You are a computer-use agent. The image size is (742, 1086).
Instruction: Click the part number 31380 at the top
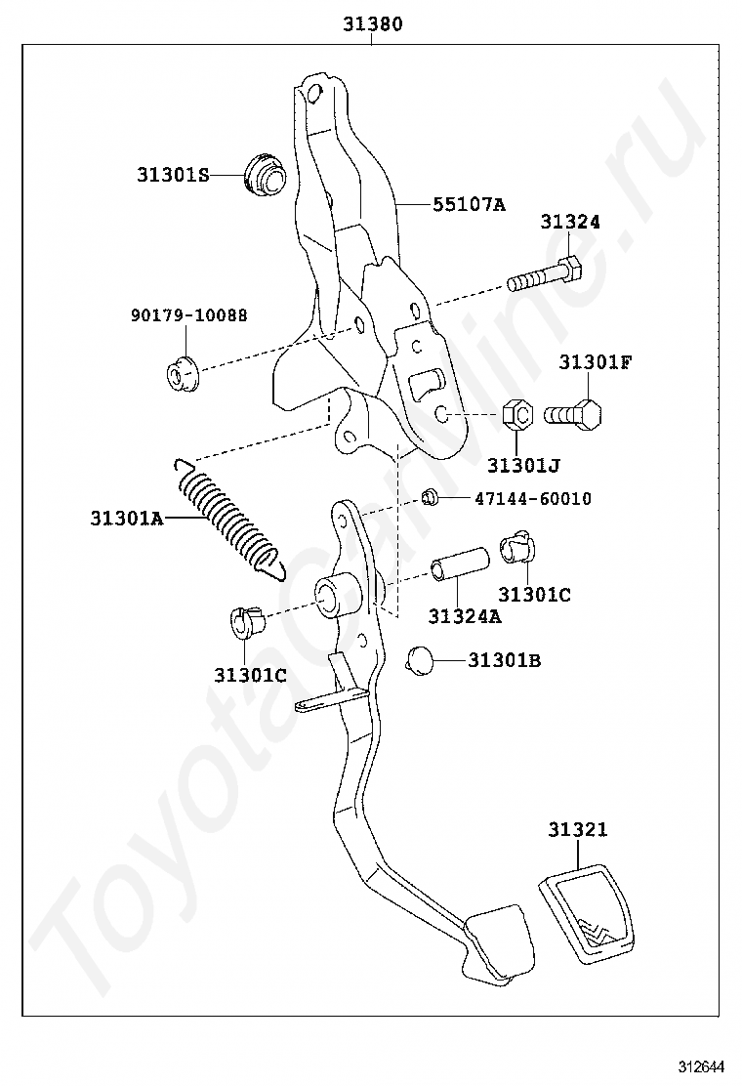click(372, 24)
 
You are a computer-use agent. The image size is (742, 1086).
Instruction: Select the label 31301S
click(173, 176)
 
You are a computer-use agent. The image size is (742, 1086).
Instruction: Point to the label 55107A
click(469, 205)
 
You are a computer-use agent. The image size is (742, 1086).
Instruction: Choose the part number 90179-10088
click(188, 315)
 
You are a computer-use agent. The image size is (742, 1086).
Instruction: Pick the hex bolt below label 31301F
click(573, 413)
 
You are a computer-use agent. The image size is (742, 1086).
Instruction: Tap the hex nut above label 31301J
click(517, 415)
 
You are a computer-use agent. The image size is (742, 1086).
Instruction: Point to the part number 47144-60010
click(532, 499)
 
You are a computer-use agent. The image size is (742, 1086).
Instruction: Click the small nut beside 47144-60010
click(430, 497)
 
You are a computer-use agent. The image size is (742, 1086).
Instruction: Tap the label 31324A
click(464, 615)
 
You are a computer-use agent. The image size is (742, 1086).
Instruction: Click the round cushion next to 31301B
click(420, 659)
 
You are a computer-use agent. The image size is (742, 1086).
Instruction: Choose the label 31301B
click(504, 660)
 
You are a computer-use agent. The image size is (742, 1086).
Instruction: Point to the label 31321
click(577, 830)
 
